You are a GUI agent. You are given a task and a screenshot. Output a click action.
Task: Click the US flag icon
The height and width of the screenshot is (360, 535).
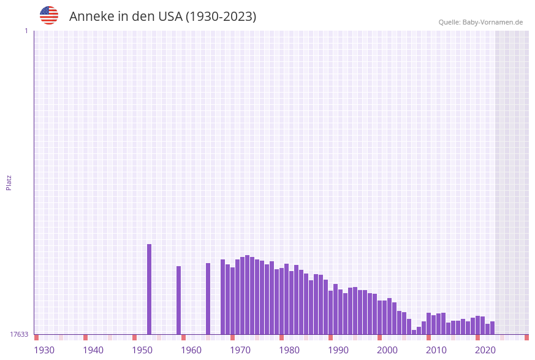(49, 15)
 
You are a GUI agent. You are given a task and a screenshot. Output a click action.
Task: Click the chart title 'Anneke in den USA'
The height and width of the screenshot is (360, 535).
(162, 17)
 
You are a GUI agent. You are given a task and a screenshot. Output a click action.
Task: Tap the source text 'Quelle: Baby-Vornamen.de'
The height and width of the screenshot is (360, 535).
(480, 22)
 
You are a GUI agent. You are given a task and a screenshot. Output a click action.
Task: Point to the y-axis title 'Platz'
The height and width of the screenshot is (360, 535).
(9, 182)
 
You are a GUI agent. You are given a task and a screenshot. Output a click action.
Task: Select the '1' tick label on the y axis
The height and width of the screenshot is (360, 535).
(26, 31)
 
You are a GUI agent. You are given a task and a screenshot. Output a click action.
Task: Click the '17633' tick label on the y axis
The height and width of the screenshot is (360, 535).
(19, 334)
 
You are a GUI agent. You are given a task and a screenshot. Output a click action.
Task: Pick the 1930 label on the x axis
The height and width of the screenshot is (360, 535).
(44, 350)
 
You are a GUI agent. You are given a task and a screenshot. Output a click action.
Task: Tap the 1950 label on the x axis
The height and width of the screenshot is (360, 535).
(142, 350)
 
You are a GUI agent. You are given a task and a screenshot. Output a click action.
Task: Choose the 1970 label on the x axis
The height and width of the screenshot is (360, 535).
(240, 350)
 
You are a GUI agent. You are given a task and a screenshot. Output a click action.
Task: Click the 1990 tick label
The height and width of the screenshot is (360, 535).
(338, 350)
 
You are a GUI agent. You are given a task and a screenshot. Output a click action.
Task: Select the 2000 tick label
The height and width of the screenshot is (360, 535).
(387, 350)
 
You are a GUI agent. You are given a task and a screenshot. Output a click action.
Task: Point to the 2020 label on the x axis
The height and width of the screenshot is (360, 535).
(485, 350)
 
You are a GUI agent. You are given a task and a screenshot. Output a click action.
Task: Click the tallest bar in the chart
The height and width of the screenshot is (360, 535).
(149, 289)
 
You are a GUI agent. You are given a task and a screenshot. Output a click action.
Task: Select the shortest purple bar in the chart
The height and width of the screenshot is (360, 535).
(414, 332)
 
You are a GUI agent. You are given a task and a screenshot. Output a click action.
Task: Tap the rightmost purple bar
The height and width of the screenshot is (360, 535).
(492, 327)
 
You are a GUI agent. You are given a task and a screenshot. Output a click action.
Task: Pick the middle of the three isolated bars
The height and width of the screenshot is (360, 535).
(178, 300)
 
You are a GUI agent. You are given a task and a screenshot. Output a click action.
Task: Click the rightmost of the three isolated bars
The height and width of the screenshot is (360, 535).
(208, 299)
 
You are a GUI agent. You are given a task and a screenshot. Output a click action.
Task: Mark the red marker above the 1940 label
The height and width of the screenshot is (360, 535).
(85, 337)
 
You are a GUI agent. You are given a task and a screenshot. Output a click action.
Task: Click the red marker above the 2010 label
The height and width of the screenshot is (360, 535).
(428, 337)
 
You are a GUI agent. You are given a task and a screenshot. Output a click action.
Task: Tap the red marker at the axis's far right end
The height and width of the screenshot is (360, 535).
(526, 337)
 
